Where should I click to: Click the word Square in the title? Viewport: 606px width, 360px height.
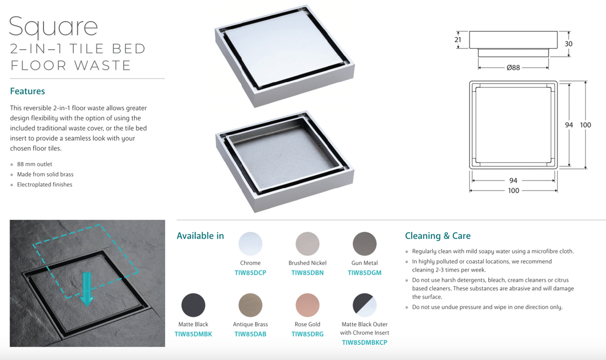pos(53,27)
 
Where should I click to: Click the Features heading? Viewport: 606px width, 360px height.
pos(27,91)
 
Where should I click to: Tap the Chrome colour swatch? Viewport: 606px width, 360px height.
pos(250,244)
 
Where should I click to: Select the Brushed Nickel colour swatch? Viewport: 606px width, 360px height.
pos(307,244)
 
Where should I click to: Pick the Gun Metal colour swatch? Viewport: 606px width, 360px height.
pos(364,244)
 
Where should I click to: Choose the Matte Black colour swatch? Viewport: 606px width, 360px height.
pos(193,305)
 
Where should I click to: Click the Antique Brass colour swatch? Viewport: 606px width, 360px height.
pos(250,305)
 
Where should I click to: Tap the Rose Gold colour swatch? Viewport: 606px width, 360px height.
pos(307,305)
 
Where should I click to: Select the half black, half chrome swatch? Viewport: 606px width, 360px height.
pos(364,305)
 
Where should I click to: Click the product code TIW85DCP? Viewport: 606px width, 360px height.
pos(250,273)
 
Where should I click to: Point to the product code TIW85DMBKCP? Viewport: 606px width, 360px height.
pos(364,343)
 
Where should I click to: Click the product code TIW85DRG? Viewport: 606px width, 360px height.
pos(307,335)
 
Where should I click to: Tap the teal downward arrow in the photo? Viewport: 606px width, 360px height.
pos(87,290)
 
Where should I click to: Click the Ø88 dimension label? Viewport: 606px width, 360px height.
pos(513,68)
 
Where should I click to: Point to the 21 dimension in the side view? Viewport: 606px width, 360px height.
pos(457,40)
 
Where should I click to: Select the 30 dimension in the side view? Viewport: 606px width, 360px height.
pos(569,44)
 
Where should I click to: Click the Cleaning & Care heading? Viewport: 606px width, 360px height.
pos(438,236)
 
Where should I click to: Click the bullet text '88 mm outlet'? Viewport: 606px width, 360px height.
pos(34,164)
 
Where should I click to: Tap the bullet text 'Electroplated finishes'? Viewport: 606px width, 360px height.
pos(44,185)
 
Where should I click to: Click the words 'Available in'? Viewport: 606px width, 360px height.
pos(200,236)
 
